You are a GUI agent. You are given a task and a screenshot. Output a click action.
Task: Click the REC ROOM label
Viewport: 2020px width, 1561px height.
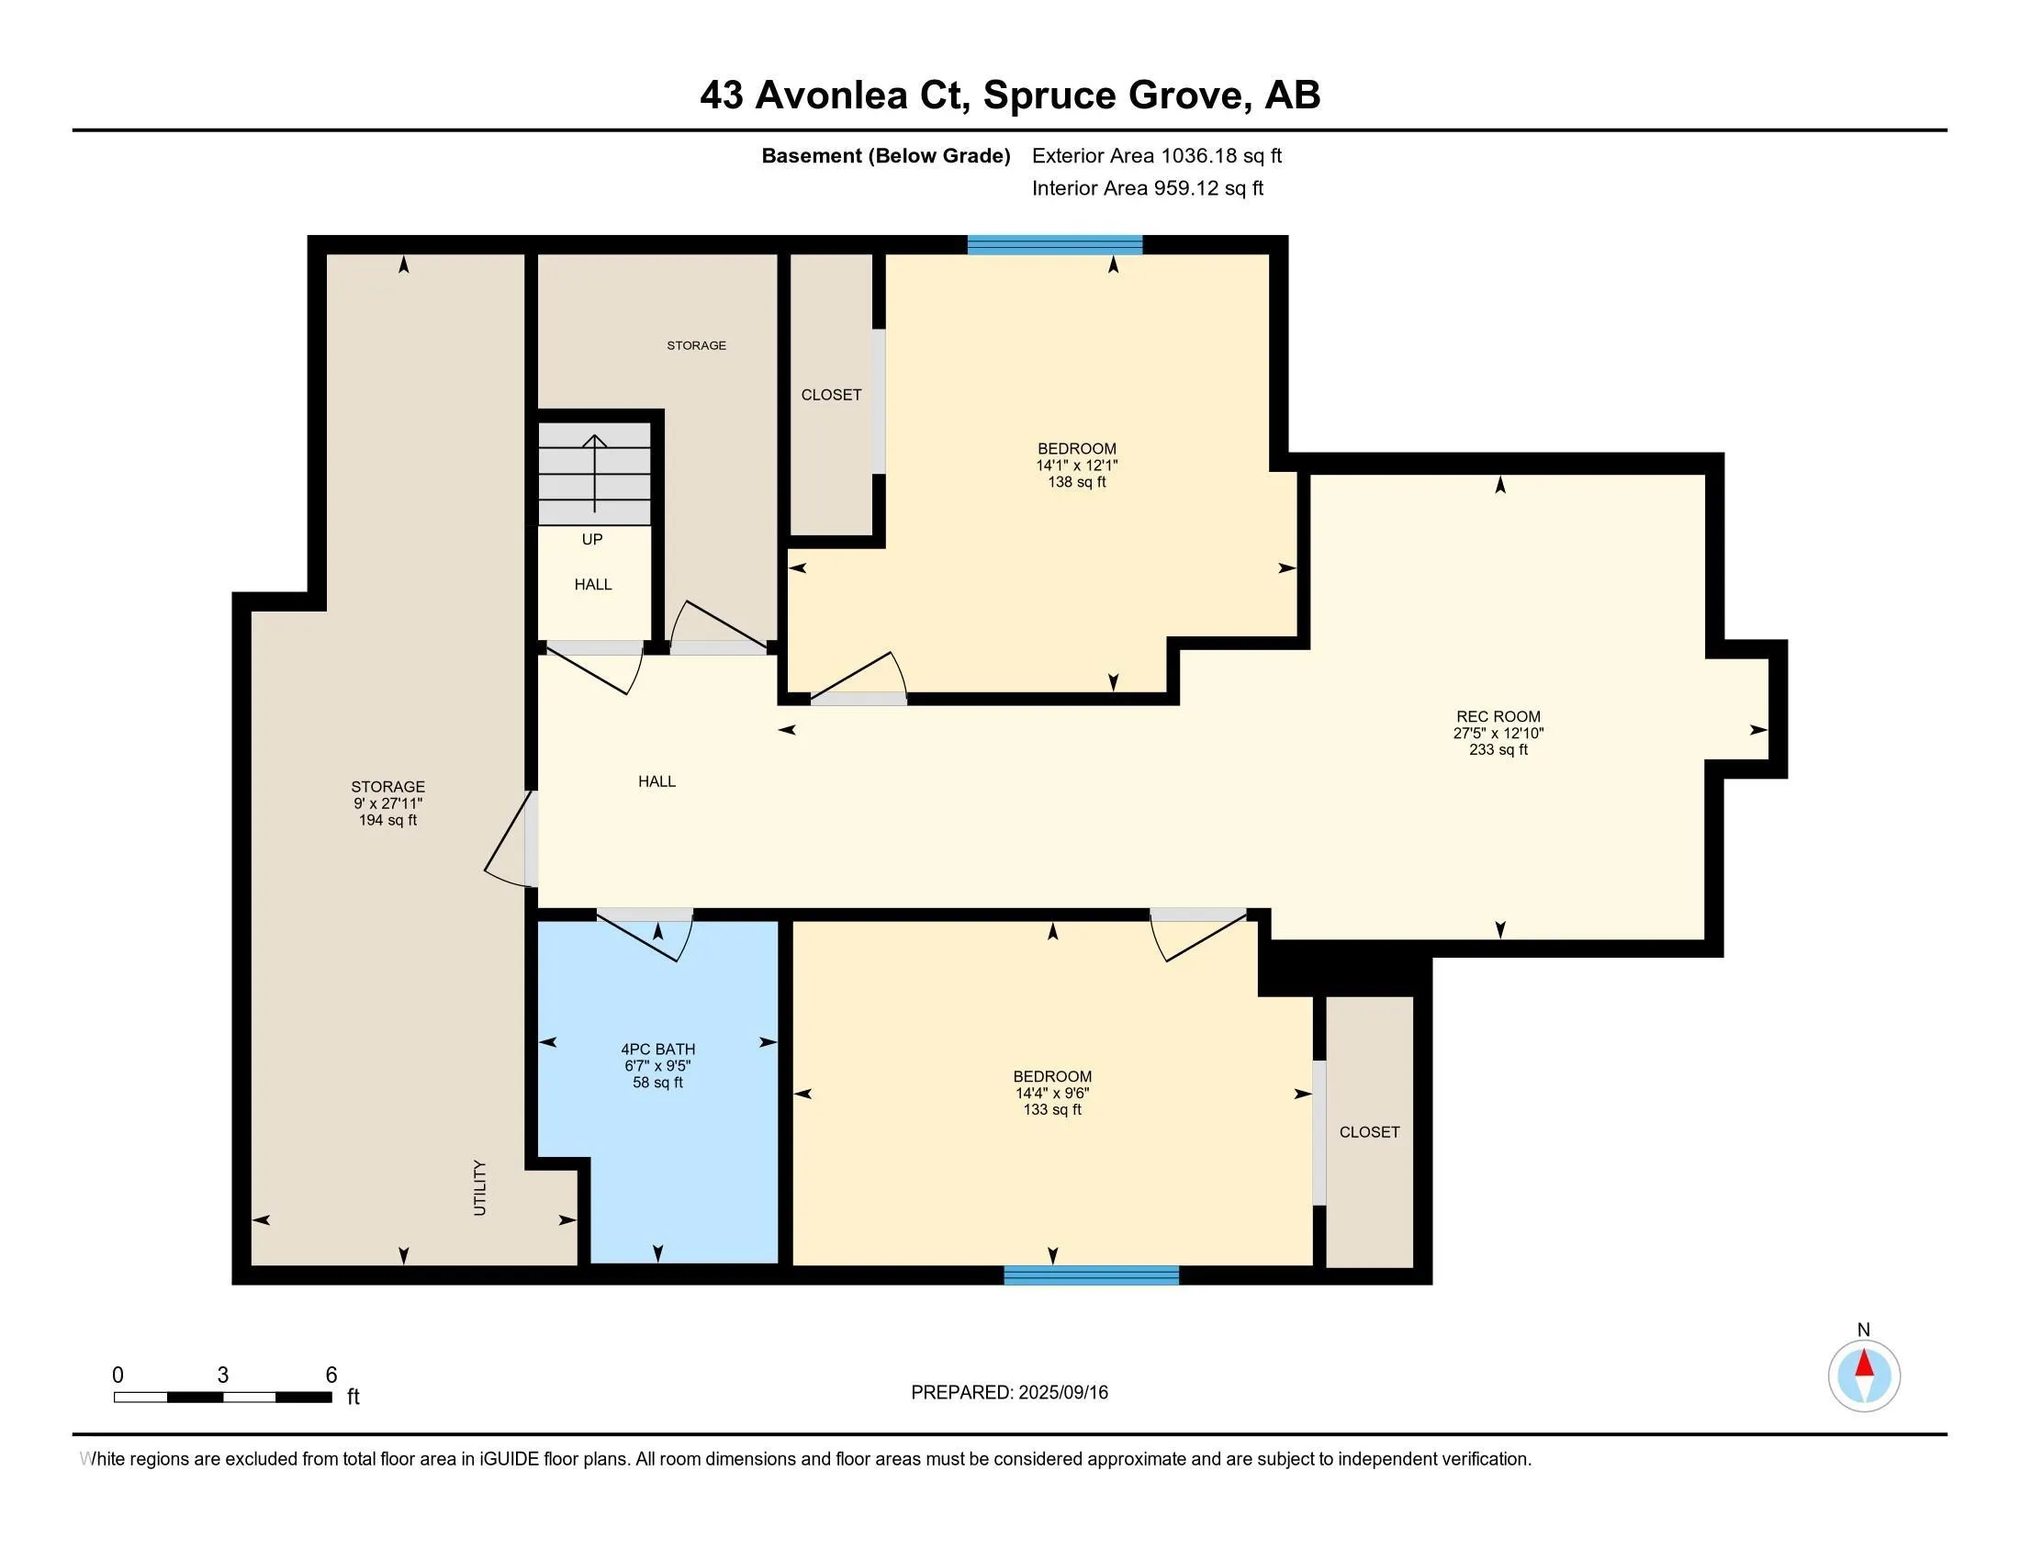(1498, 716)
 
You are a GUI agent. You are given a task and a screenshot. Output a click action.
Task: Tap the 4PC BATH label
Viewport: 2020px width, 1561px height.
(657, 1049)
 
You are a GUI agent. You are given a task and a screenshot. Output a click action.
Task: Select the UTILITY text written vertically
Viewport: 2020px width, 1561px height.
(479, 1187)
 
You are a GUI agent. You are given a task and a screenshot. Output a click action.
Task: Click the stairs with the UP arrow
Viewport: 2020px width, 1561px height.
(595, 473)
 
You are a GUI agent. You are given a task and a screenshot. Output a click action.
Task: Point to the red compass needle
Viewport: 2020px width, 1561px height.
(1864, 1364)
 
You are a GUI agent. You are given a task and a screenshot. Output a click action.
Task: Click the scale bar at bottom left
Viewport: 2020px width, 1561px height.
(222, 1397)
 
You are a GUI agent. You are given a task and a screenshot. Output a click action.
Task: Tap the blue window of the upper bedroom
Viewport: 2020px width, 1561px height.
(1054, 244)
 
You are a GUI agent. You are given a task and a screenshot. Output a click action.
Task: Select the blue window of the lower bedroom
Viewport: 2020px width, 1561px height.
(1092, 1275)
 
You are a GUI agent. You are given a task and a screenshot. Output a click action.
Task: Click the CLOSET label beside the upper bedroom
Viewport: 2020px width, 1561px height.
(831, 395)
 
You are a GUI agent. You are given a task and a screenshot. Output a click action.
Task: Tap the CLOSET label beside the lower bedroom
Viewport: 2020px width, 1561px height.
(1369, 1132)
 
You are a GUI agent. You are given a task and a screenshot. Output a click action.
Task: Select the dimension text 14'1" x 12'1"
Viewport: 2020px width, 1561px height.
(1077, 466)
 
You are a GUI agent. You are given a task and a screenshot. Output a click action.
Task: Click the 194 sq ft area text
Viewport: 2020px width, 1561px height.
(387, 820)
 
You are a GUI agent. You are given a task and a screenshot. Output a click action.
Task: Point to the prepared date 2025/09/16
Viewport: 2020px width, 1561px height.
(1061, 1392)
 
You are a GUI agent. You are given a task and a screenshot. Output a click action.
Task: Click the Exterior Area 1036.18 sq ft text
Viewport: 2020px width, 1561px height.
(1157, 155)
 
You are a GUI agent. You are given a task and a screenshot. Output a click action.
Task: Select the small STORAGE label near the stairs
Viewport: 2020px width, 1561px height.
(697, 345)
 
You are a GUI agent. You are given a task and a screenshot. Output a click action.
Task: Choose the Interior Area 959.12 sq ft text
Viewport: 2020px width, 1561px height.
(1147, 187)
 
